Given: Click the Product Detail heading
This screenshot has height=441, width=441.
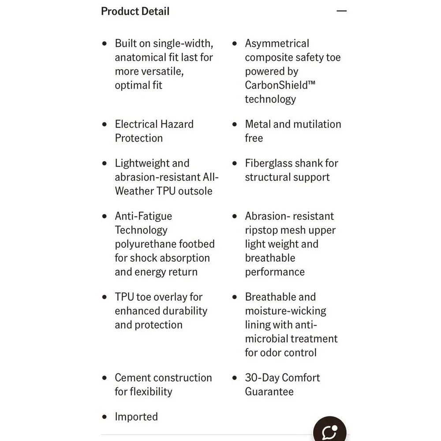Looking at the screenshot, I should point(135,11).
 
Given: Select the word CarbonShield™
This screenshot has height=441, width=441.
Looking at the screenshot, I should point(280,85).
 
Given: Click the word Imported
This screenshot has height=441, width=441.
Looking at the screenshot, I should point(136,417).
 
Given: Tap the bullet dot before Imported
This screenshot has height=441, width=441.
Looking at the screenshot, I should point(105,417).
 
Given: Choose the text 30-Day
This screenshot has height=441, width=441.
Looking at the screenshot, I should point(262,378).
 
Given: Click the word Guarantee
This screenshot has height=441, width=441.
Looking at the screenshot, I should point(269,392).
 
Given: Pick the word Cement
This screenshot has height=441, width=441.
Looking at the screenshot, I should point(133,378).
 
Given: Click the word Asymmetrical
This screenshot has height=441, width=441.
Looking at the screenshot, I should point(277,44).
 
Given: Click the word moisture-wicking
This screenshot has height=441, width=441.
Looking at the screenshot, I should point(286,311).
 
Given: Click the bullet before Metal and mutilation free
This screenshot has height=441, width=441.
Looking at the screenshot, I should point(235,124).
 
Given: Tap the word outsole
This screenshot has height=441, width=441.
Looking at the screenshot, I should point(193,191).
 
